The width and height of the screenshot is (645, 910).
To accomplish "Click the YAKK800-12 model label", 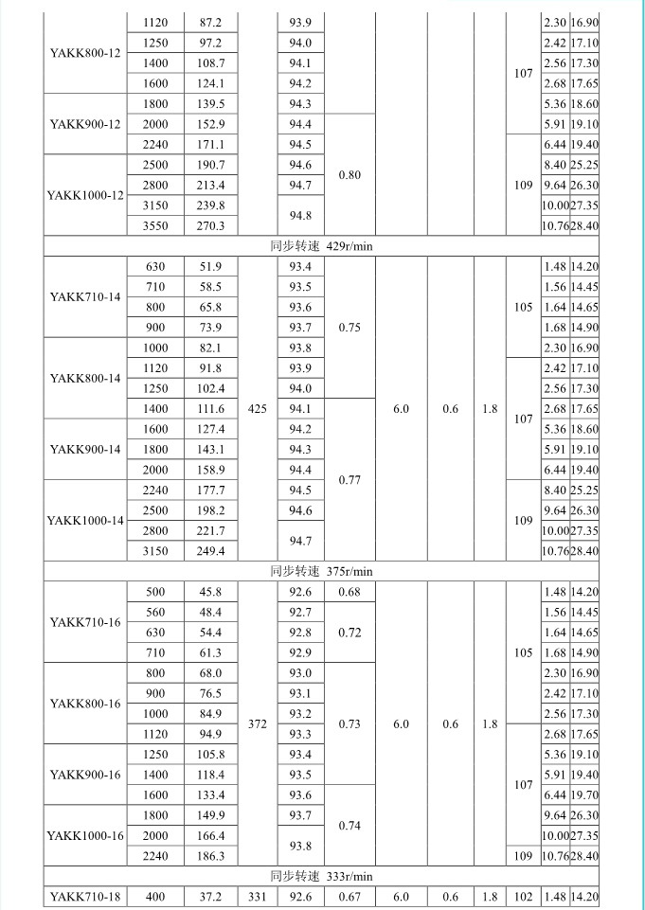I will coord(85,52).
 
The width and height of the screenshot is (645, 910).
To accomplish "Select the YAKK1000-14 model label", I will coord(85,520).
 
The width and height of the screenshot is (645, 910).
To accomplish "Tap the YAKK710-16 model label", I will coord(85,621).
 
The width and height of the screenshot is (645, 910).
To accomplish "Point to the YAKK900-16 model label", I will coord(85,775).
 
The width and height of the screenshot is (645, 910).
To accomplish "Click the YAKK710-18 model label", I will coord(85,896).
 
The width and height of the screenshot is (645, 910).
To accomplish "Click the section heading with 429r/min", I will coord(322,246).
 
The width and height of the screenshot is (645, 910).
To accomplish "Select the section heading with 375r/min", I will coord(322,571).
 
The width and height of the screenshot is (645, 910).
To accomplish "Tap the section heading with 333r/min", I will coord(322,876).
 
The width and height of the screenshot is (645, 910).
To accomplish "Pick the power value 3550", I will coord(154,225).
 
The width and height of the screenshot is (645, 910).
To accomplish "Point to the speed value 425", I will coord(256,408).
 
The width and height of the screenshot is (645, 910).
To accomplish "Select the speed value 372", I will coord(256,724).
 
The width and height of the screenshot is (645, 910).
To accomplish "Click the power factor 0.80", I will coord(349,174).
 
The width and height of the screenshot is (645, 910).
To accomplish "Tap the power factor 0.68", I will coord(349,592).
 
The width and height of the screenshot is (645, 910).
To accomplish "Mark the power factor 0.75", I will coord(349,328).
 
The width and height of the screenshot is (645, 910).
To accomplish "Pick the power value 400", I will coord(154,896).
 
